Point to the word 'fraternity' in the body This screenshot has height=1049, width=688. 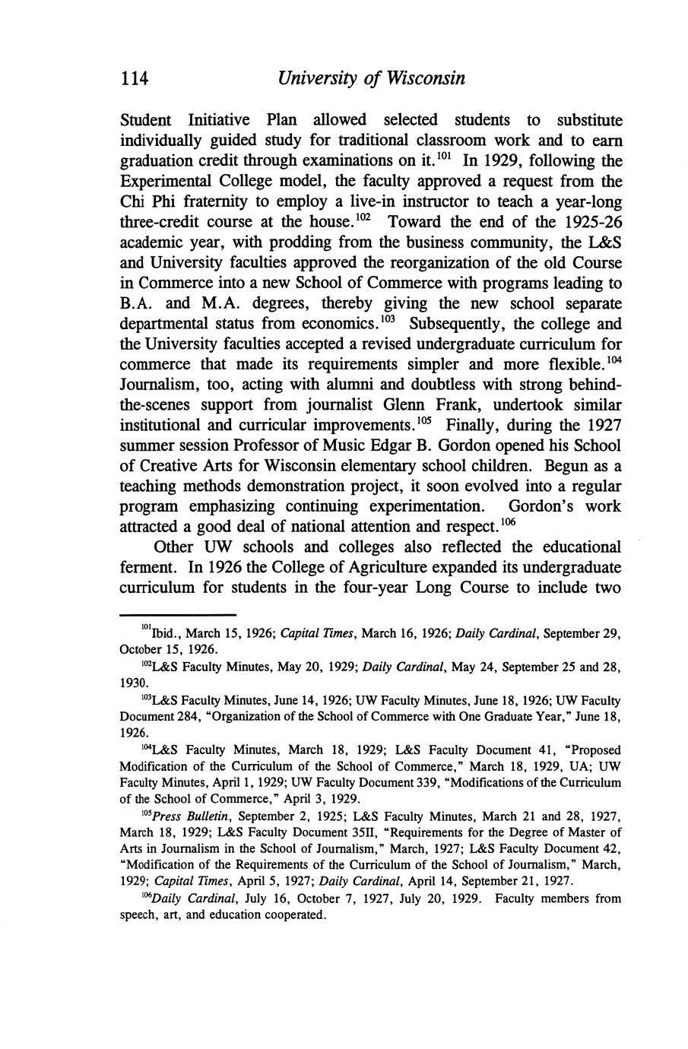(x=211, y=202)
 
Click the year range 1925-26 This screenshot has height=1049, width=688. (x=586, y=223)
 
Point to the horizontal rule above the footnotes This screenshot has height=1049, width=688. (x=179, y=615)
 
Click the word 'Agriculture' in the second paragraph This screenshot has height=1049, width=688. (x=360, y=567)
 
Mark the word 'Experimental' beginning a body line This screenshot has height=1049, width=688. (x=170, y=182)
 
